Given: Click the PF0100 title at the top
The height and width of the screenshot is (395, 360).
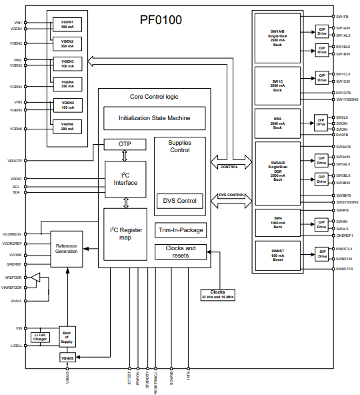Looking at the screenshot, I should (160, 20).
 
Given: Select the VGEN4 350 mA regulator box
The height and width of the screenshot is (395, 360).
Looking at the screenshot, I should (67, 84).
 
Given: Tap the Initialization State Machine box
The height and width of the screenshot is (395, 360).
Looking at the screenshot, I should (154, 118).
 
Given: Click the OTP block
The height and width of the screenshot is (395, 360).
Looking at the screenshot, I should (125, 144).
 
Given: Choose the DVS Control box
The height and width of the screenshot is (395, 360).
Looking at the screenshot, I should (179, 200).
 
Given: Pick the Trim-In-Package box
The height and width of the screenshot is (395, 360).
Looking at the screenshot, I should (179, 230).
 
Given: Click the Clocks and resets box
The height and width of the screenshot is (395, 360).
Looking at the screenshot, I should (179, 252).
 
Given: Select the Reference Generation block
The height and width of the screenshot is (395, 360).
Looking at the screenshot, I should (67, 248).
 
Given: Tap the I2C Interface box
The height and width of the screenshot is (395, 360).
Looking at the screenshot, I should (125, 179).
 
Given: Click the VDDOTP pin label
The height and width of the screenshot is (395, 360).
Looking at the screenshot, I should (14, 161).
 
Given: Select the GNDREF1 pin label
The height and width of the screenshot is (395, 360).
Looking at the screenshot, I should (345, 236).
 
